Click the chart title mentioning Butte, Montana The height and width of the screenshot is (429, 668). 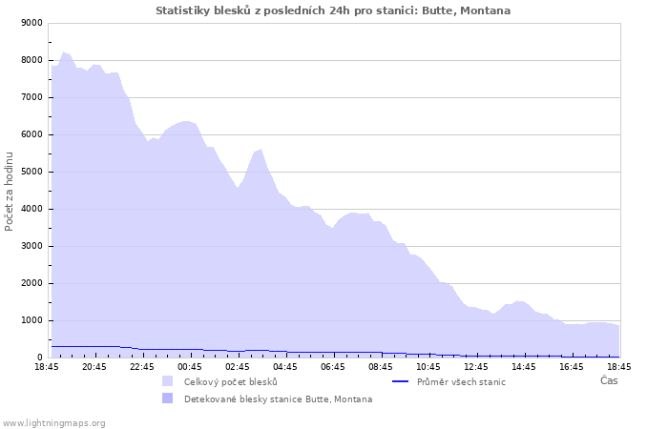pos(333,10)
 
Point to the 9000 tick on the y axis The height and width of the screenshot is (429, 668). pos(31,23)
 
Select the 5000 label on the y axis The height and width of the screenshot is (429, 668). pos(31,172)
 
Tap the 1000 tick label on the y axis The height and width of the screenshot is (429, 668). pos(31,320)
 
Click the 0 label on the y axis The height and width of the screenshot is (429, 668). pos(39,357)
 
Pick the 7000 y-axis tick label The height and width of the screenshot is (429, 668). pos(31,97)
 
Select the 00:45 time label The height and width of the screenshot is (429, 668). pos(190,367)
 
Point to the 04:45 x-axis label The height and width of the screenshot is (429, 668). pos(285,367)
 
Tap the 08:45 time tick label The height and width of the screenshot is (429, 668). pos(381,367)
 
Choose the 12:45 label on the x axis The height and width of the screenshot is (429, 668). pos(476,367)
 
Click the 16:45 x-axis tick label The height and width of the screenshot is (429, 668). pos(572,367)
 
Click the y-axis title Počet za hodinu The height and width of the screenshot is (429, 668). pos(10,191)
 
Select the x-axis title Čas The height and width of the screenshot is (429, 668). pos(609,381)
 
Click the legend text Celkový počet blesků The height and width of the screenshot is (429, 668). pos(230,382)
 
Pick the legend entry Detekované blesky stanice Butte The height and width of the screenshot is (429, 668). pos(278,399)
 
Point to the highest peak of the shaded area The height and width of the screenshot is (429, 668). pos(64,52)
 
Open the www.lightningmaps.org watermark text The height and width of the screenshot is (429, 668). pos(53,422)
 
